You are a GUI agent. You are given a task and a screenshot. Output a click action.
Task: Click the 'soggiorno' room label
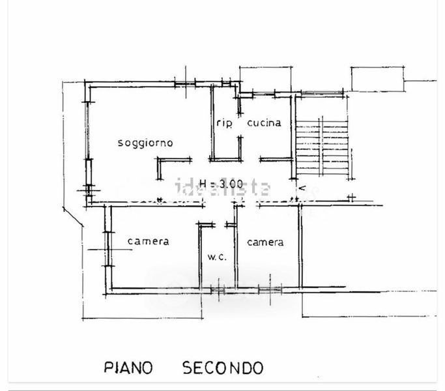(145, 143)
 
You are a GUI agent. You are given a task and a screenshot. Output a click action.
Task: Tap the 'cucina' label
(265, 123)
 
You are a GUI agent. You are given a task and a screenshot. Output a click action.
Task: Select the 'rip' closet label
(225, 123)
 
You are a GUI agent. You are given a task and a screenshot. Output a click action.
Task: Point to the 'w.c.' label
(217, 257)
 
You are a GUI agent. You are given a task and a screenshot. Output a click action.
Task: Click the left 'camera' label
(149, 241)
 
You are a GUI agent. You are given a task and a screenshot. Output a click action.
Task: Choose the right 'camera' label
(265, 242)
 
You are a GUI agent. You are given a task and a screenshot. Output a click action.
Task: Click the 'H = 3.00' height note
(222, 184)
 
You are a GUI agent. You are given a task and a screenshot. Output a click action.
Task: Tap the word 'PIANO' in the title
(128, 368)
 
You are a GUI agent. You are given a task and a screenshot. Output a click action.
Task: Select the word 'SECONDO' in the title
(223, 368)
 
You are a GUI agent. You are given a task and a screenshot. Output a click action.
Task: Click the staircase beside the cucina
(322, 147)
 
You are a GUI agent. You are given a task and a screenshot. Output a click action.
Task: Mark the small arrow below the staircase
(302, 188)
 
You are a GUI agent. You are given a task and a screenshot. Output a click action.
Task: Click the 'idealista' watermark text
(223, 188)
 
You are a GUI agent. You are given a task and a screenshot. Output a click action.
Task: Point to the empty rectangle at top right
(378, 80)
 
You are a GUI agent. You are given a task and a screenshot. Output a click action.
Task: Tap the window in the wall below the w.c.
(218, 290)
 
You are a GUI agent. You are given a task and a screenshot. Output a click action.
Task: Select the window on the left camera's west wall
(108, 249)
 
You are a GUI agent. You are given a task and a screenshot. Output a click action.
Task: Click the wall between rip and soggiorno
(212, 122)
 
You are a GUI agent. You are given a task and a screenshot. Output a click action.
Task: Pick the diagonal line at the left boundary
(73, 217)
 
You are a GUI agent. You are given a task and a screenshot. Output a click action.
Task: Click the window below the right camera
(270, 289)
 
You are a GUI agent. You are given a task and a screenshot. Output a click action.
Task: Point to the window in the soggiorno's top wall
(185, 84)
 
